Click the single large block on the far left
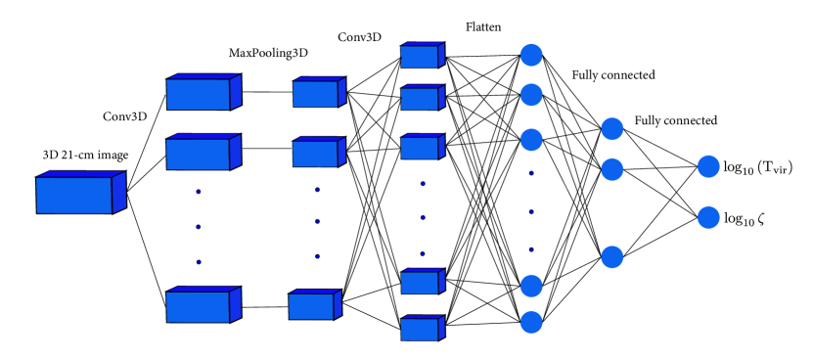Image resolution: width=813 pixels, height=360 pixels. tap(75, 194)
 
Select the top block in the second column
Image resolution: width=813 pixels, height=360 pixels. tap(199, 94)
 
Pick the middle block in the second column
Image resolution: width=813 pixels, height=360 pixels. tap(199, 154)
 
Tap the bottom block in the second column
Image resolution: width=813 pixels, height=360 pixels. tap(199, 306)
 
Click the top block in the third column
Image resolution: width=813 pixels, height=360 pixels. tap(316, 94)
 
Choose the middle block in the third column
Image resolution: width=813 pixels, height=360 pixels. tap(316, 154)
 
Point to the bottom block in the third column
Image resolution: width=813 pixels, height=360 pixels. tap(312, 306)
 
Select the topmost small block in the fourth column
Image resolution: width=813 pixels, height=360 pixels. tap(420, 57)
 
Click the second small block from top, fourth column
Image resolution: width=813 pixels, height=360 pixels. tap(420, 99)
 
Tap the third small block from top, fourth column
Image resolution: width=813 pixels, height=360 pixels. tap(420, 148)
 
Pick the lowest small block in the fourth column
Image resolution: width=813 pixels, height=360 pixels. tap(420, 329)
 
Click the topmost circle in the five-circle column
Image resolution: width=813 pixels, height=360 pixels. tap(531, 55)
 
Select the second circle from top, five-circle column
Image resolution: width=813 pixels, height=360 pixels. tap(531, 95)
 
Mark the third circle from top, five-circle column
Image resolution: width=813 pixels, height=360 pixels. tap(531, 140)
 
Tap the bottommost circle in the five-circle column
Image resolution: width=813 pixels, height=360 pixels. tap(531, 322)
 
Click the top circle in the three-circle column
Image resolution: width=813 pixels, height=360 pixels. tap(612, 129)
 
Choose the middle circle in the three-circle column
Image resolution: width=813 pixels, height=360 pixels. tap(612, 169)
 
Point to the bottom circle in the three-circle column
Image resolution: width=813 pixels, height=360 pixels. tap(612, 257)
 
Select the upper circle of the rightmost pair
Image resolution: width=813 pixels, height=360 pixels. tap(708, 166)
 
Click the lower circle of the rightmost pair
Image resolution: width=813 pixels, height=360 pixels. tap(708, 217)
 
